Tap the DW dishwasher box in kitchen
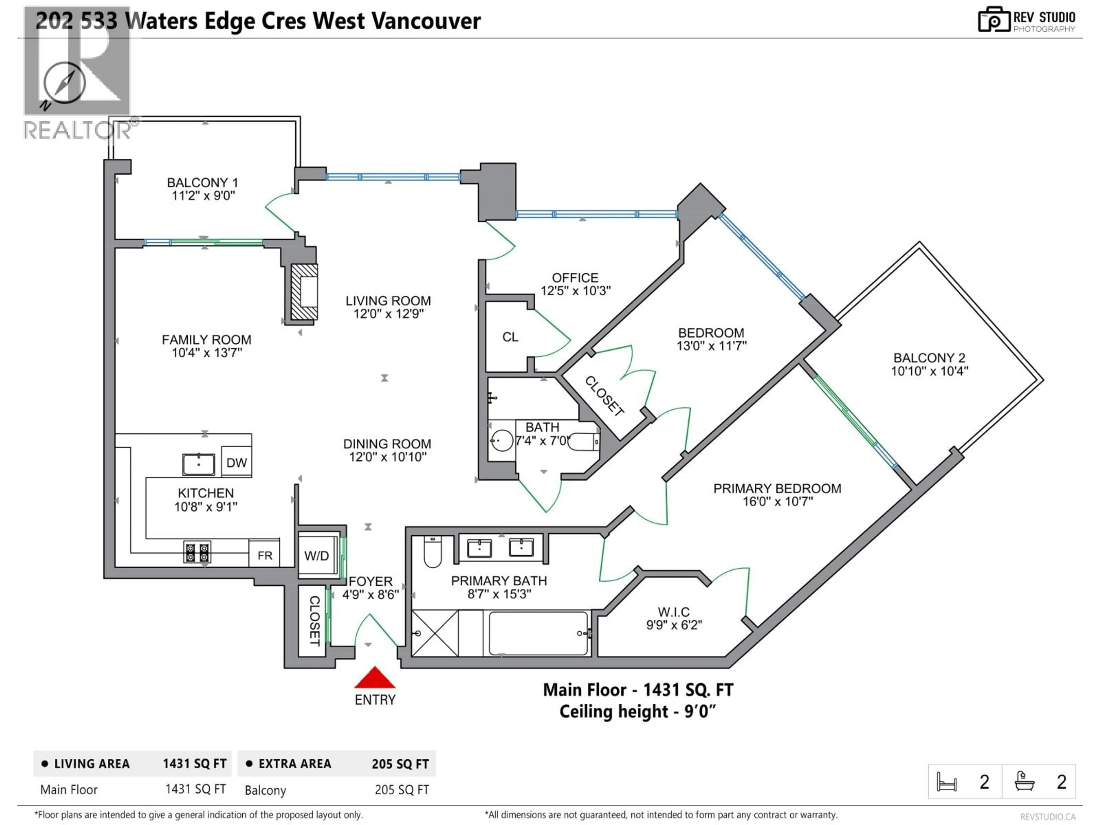[236, 462]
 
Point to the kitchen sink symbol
[199, 464]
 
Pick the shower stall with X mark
[435, 633]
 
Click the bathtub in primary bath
[538, 633]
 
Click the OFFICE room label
[575, 278]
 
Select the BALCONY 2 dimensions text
[929, 371]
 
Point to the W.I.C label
[673, 612]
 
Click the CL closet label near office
[510, 337]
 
